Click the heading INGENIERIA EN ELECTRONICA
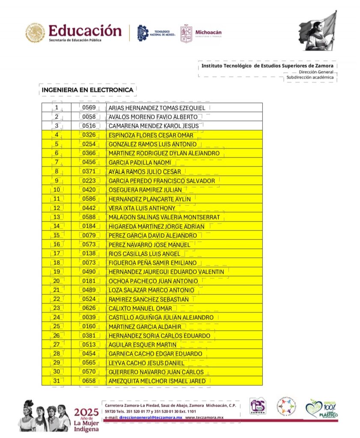[x=87, y=90]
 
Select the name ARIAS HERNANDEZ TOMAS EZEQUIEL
[x=157, y=108]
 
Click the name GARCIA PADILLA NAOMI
[x=140, y=163]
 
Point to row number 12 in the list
[x=57, y=208]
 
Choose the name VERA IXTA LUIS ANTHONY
[x=142, y=208]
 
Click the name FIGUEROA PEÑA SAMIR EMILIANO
[x=153, y=263]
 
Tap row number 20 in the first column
[x=57, y=281]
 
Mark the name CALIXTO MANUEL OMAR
[x=140, y=308]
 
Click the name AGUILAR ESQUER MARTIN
[x=143, y=345]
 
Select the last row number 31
[x=57, y=381]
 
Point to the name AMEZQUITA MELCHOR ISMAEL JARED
[x=157, y=381]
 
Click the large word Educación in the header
[x=85, y=30]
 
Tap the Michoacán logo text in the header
[x=208, y=32]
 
